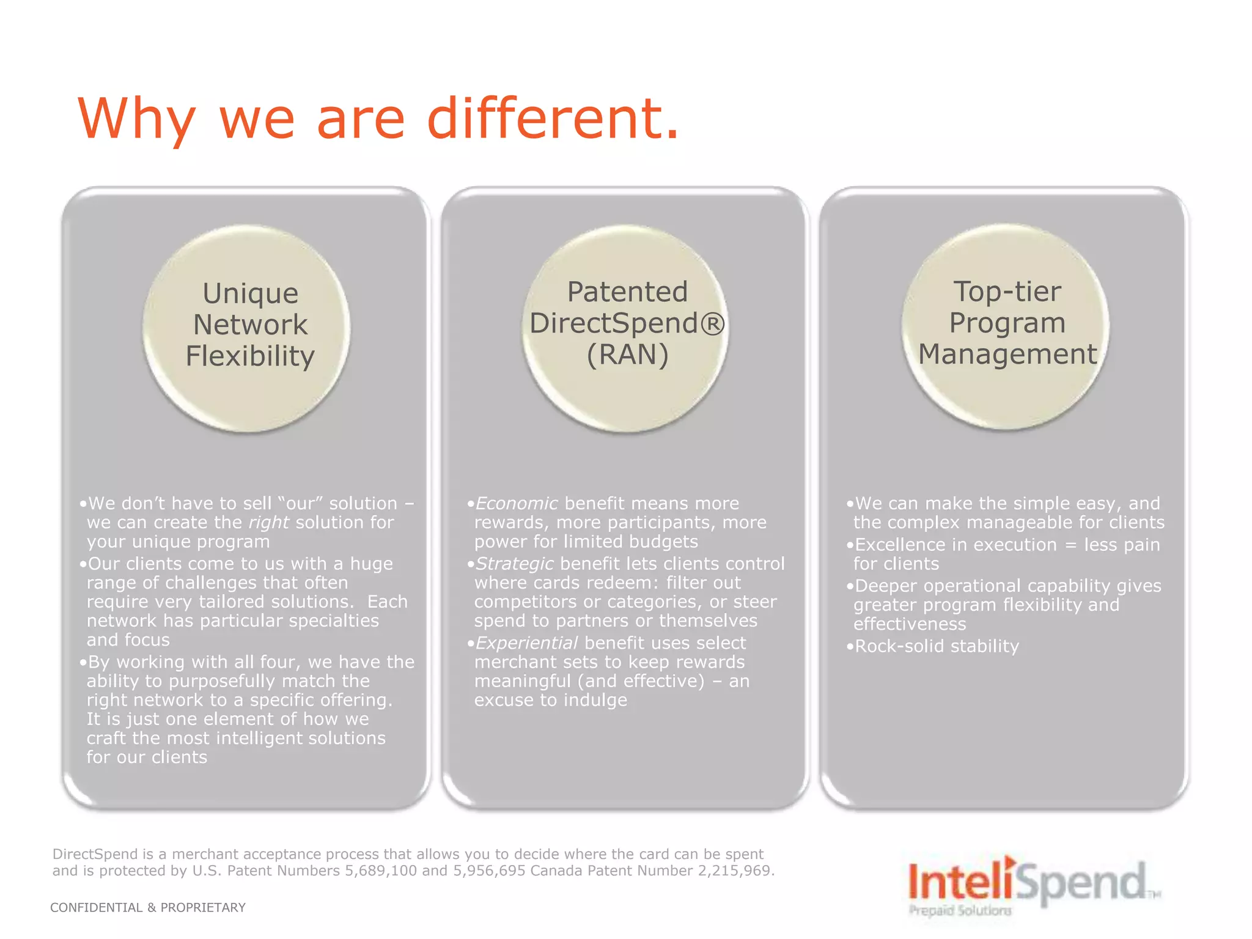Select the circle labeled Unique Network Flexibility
click(x=247, y=328)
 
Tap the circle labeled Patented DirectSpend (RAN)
click(x=626, y=328)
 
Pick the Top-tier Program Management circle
click(x=1006, y=327)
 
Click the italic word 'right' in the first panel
click(x=268, y=523)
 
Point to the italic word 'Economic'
click(x=516, y=503)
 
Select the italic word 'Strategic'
click(x=514, y=564)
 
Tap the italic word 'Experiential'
click(x=526, y=643)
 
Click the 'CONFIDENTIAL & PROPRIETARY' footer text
click(x=148, y=908)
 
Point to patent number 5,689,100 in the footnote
click(x=380, y=871)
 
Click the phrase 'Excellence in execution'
click(x=956, y=545)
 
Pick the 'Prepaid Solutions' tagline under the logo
click(x=960, y=910)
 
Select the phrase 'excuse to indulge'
click(x=550, y=700)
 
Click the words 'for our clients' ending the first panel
click(x=147, y=757)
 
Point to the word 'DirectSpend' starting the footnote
click(x=95, y=854)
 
